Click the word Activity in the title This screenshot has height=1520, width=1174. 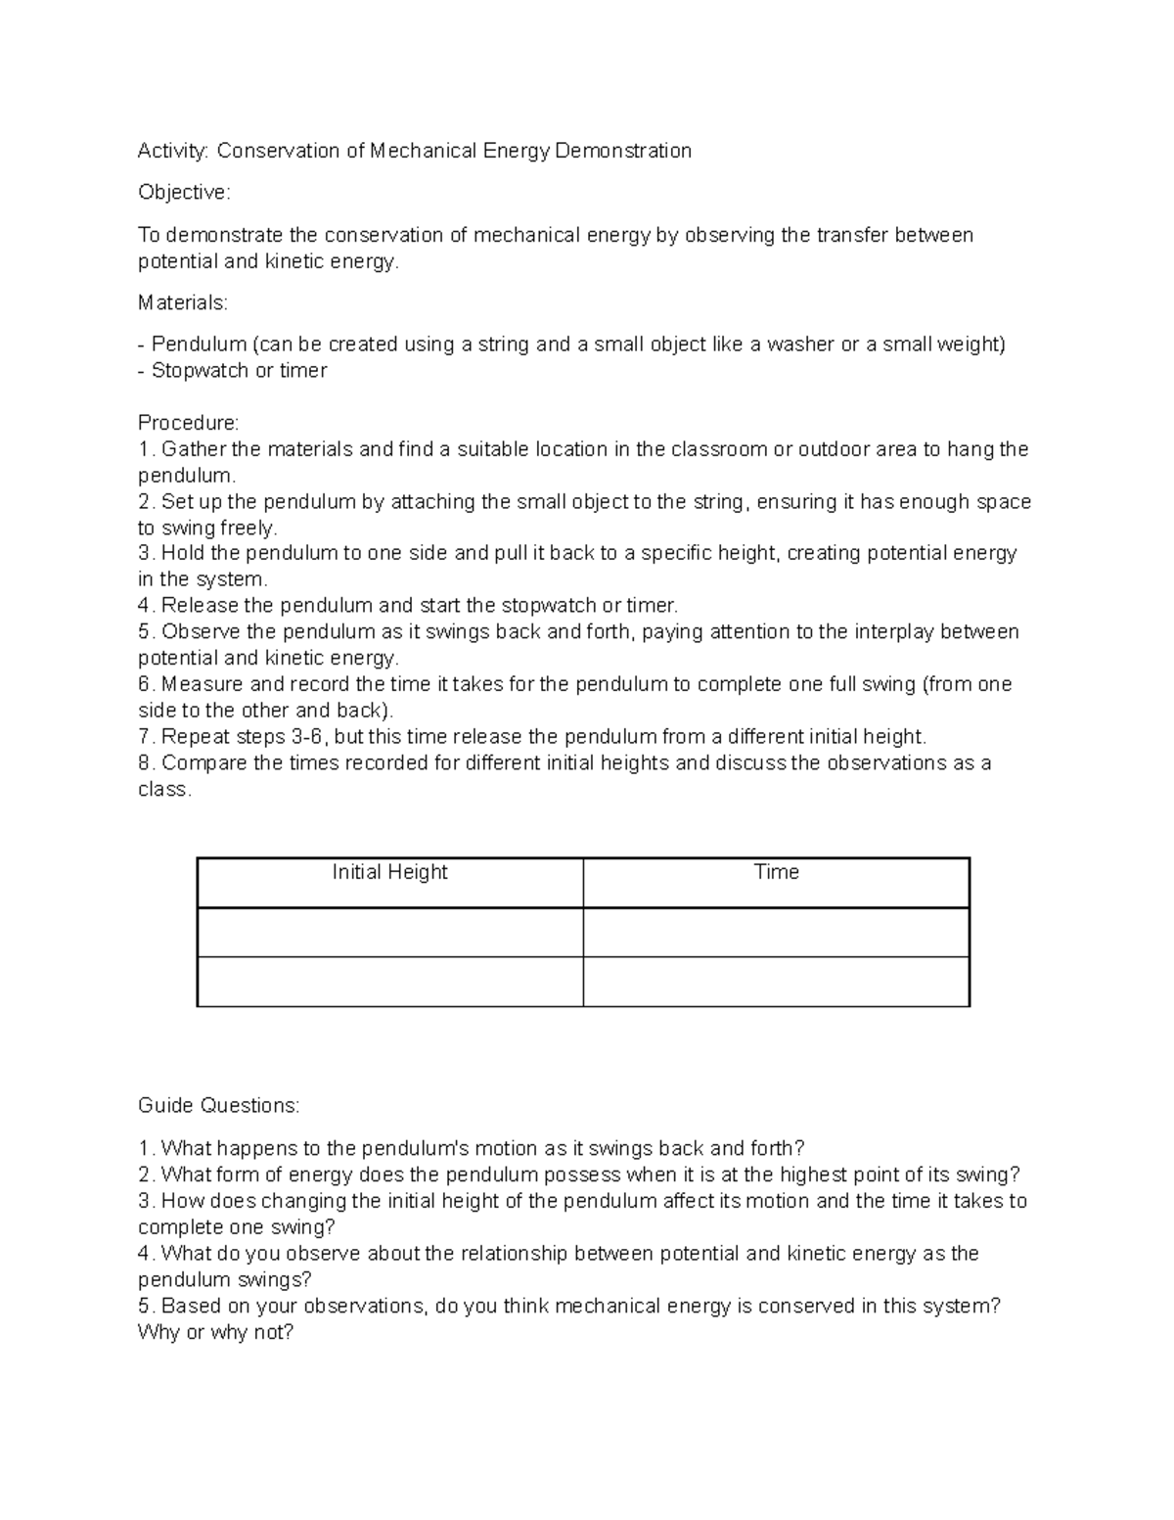tap(172, 151)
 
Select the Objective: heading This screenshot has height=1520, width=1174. tap(184, 193)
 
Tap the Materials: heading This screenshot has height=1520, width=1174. tap(182, 303)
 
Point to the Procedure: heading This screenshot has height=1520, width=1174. tap(188, 423)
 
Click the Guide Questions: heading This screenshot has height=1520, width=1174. tap(218, 1106)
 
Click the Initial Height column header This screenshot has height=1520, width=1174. tap(389, 872)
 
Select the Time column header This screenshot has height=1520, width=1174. tap(776, 872)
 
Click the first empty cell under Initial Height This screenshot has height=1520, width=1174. tap(389, 932)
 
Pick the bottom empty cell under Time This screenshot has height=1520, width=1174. tap(776, 982)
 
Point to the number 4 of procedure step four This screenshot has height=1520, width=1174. tap(144, 606)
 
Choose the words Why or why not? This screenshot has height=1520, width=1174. tap(215, 1333)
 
